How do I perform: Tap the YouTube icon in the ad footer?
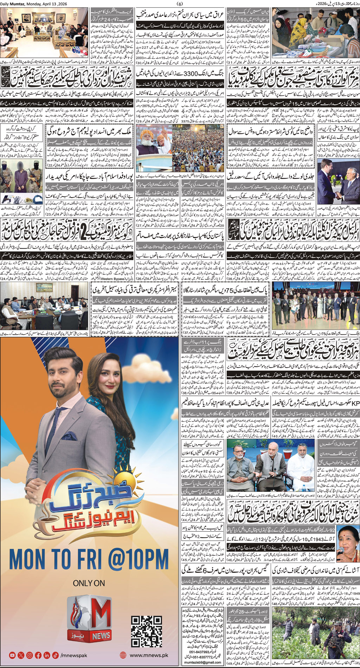pyautogui.click(x=13, y=655)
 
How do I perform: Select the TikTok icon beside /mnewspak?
pyautogui.click(x=55, y=655)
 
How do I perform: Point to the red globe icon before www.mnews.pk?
pyautogui.click(x=123, y=655)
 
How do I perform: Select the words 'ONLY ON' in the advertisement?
pyautogui.click(x=89, y=583)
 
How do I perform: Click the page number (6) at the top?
pyautogui.click(x=180, y=4)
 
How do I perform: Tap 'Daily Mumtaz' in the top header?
pyautogui.click(x=13, y=4)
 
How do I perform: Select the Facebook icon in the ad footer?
pyautogui.click(x=38, y=655)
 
